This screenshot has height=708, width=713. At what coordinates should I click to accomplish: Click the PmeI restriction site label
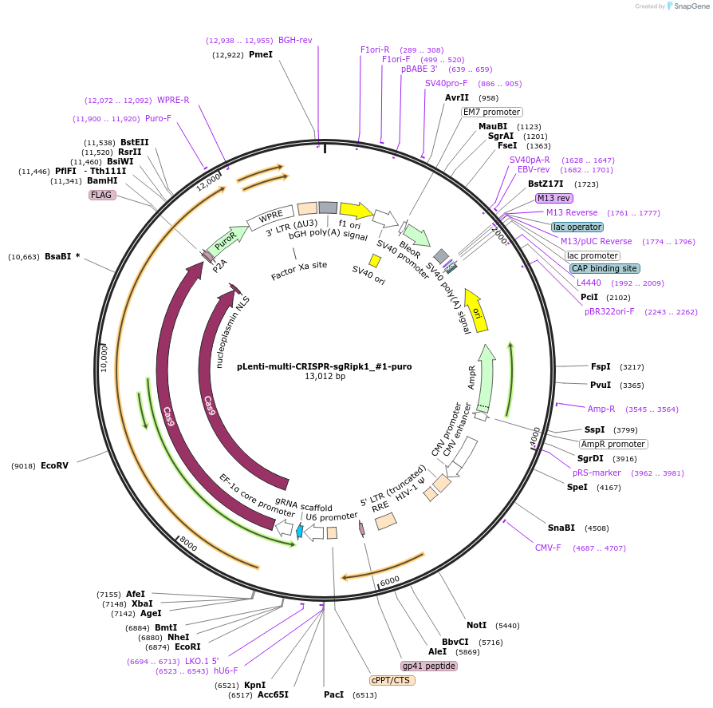tap(260, 55)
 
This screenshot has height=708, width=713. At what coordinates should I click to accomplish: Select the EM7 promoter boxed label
tap(492, 113)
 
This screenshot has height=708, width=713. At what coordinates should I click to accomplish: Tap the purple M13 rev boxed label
tap(553, 198)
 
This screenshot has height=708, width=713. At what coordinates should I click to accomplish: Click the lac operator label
tap(577, 227)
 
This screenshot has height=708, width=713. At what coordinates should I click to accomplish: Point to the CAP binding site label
tap(605, 268)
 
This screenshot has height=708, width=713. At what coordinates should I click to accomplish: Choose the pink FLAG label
tap(102, 195)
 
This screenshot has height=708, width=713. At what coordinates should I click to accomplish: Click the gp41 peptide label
tap(428, 666)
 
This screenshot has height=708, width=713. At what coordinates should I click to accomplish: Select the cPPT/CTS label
tap(392, 681)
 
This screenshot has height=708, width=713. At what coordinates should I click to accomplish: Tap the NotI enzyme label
tap(476, 625)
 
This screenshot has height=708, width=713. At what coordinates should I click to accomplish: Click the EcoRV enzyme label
tap(55, 465)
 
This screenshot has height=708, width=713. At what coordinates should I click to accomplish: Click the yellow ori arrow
tap(476, 309)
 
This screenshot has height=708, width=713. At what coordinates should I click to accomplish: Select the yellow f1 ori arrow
tap(356, 211)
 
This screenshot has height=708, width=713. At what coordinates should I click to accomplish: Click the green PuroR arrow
tap(227, 238)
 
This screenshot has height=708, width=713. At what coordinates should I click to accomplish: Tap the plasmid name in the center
tap(324, 367)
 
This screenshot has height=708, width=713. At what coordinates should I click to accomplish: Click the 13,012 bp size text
tap(325, 377)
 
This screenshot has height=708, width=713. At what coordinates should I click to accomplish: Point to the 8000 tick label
tap(188, 544)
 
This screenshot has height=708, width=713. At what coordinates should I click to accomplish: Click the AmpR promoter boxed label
tap(613, 444)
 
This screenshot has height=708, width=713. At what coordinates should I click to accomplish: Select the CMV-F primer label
tap(548, 548)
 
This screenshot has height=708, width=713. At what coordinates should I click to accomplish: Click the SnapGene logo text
tap(691, 6)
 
